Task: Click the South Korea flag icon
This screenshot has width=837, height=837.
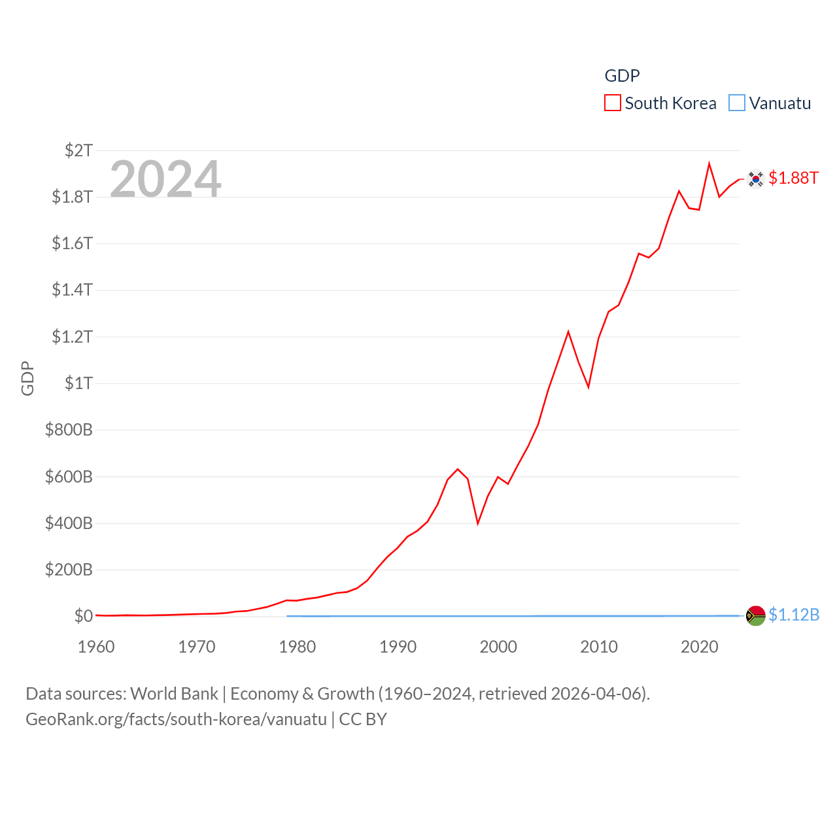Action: pos(756,179)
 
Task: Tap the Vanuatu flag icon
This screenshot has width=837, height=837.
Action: pos(756,615)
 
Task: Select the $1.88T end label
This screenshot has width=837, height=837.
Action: pos(793,178)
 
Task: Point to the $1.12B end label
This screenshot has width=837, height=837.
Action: pos(794,615)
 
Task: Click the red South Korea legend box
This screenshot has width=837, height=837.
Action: pos(612,103)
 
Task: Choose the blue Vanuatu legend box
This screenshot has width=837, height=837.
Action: pos(737,103)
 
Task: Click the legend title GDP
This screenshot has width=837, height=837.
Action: pos(622,76)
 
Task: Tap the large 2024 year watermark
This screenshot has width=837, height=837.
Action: pos(165,179)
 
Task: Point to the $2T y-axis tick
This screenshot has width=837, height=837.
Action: pos(78,150)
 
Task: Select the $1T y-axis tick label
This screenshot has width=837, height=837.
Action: pos(78,383)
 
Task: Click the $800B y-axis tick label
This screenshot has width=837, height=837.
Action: pos(69,430)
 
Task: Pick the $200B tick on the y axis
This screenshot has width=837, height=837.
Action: pos(69,570)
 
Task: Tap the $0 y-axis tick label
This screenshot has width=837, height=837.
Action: pos(83,616)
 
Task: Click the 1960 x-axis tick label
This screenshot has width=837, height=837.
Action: pos(96,647)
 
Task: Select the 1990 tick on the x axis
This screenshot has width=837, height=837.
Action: pos(398,647)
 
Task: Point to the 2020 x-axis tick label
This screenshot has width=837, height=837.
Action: pos(699,647)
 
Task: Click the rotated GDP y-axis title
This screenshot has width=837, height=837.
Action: pos(27,378)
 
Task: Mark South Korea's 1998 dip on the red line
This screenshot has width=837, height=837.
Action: pos(478,523)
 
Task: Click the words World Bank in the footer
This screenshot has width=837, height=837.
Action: pos(174,694)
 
